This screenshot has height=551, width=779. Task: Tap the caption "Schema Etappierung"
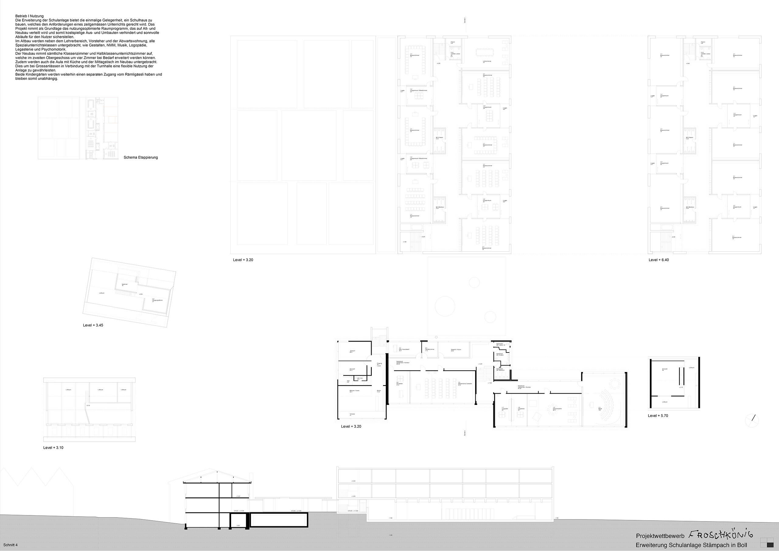tap(141, 157)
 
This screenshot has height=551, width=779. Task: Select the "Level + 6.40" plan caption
tap(658, 260)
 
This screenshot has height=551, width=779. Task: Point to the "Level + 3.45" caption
tap(93, 325)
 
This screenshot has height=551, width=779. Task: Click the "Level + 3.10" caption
tap(53, 448)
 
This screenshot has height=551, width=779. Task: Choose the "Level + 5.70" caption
tap(658, 416)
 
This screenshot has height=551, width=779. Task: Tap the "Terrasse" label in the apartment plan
tap(353, 415)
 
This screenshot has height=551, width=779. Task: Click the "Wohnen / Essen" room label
tap(355, 391)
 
